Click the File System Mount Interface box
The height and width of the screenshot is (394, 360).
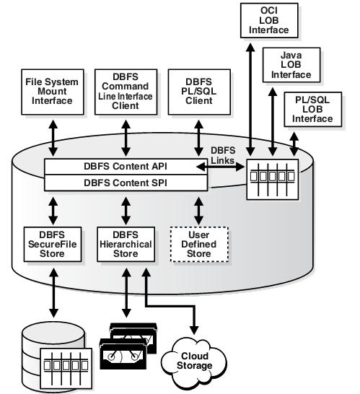pos(53,92)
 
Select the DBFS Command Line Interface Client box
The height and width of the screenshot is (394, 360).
pos(126,92)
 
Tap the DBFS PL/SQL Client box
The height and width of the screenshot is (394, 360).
pos(199,92)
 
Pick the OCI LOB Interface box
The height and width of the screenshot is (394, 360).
pos(269,21)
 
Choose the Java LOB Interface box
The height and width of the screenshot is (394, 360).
pos(291,65)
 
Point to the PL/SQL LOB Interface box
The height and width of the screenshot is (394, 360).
pos(313,109)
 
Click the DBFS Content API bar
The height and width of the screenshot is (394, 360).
pos(126,167)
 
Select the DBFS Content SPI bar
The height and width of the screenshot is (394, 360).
pos(126,183)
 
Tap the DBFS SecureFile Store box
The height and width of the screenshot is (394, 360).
pos(53,244)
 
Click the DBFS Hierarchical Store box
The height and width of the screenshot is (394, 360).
pos(126,244)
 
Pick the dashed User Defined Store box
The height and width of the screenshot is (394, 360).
pos(199,244)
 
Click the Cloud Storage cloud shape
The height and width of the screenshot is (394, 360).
pos(194,362)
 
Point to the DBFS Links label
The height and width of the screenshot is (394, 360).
pos(223,155)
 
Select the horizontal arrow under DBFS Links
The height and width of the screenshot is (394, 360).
pos(220,167)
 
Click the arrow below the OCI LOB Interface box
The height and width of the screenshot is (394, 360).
pos(250,100)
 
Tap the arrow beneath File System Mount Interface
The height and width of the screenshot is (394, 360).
pos(53,138)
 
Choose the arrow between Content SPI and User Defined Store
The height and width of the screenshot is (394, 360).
pos(199,211)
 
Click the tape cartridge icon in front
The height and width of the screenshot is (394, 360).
pos(123,354)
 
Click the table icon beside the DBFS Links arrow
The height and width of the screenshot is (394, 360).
pos(273,180)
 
